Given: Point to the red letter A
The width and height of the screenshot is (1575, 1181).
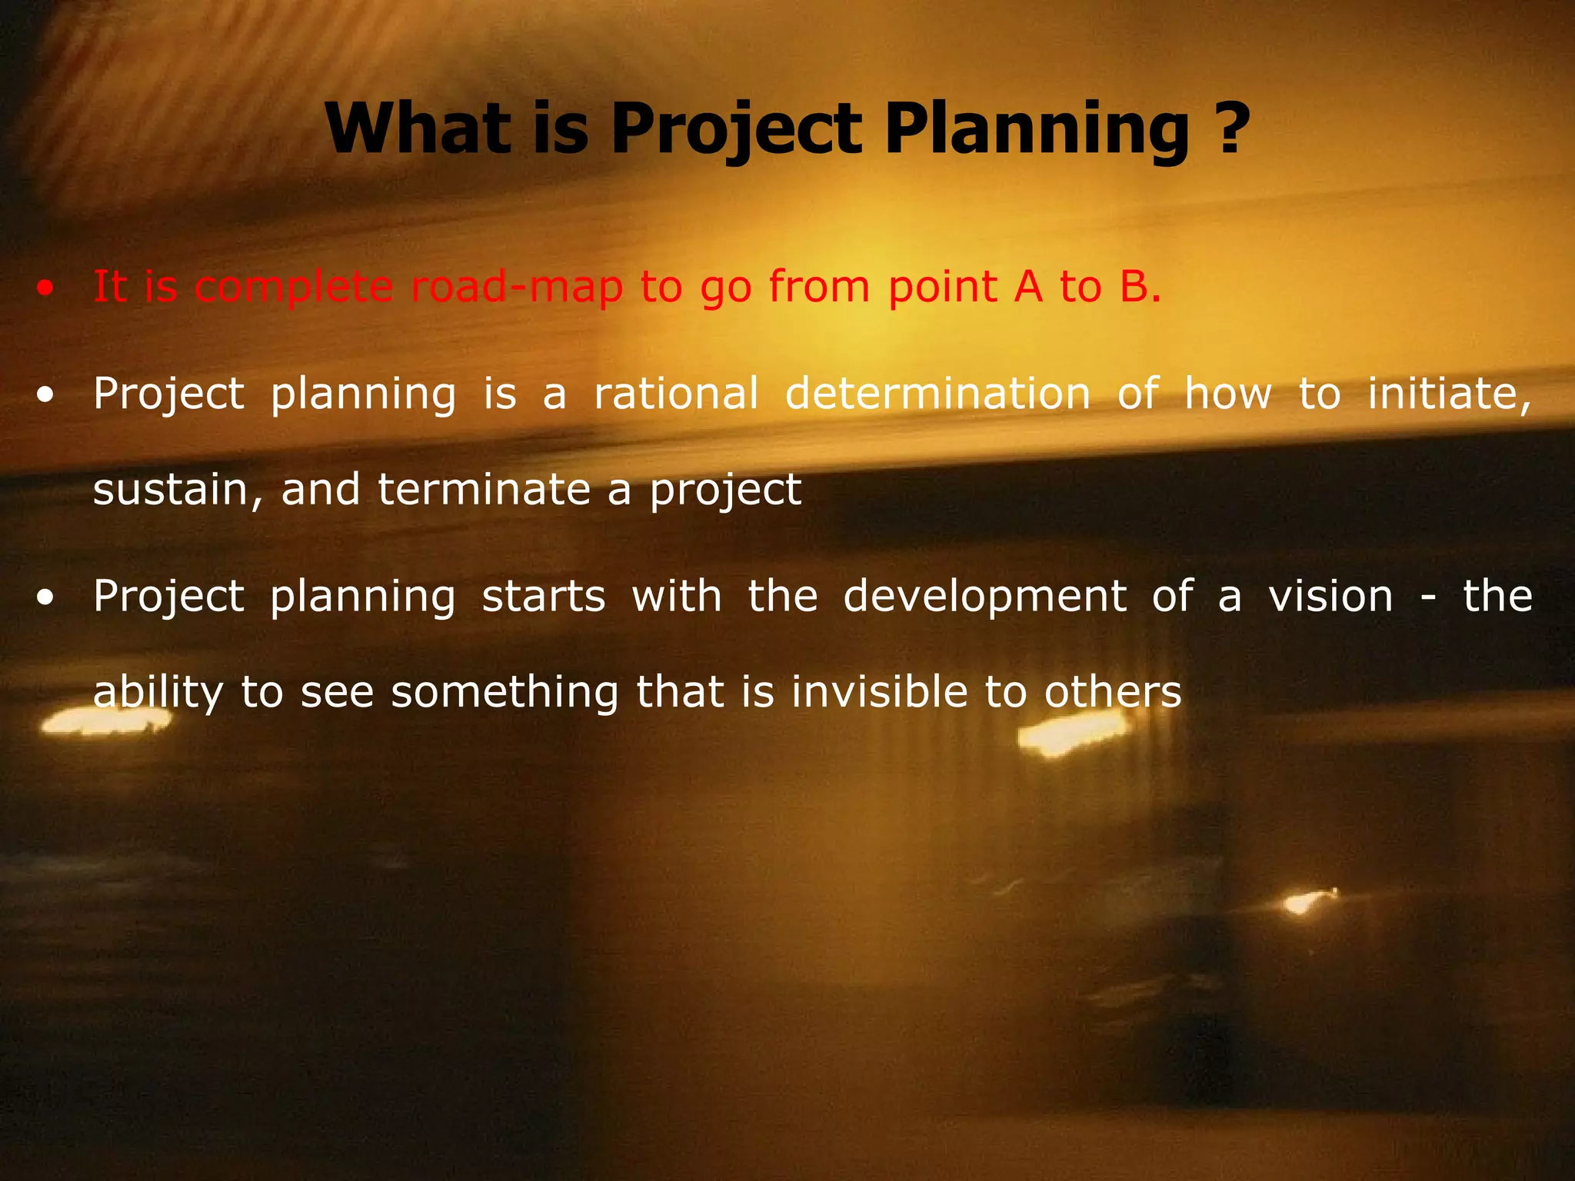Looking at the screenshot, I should click(x=1028, y=287).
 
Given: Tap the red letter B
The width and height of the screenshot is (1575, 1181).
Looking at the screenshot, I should click(x=1134, y=287).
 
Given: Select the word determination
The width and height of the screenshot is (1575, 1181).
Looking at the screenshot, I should click(x=937, y=394).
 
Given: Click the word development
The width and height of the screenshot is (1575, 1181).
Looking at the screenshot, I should click(x=984, y=597).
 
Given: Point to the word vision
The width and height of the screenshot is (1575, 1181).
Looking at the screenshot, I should click(x=1330, y=597).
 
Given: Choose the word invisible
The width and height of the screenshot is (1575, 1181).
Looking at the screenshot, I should click(x=879, y=692).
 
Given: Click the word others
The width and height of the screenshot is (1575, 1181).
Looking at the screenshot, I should click(x=1112, y=692).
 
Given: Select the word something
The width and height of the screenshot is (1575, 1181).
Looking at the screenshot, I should click(x=504, y=692).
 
